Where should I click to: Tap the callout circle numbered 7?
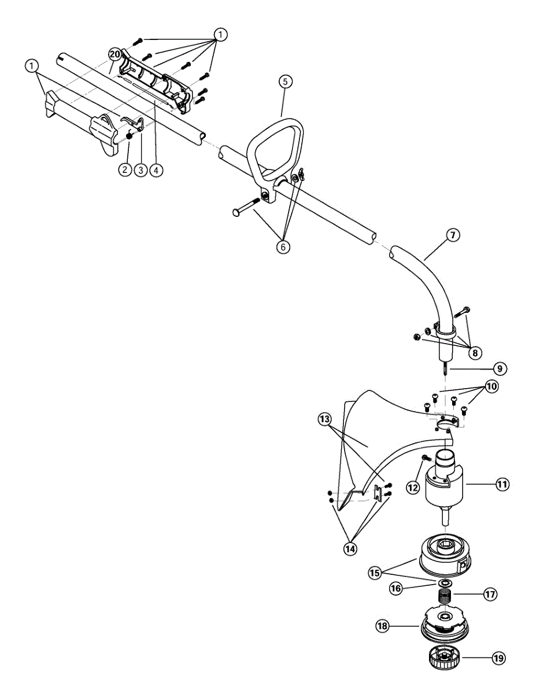tap(453, 235)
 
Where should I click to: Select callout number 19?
tap(498, 658)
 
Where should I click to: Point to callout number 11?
tap(502, 484)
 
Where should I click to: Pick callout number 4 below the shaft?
tap(156, 170)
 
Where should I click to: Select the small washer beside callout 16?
tap(446, 582)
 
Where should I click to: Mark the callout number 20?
tap(114, 54)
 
